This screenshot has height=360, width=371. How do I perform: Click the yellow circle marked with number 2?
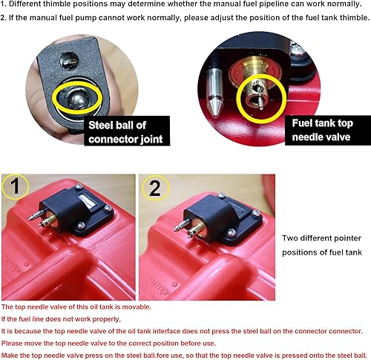pyautogui.click(x=155, y=189)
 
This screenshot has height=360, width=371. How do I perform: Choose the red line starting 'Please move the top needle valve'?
pyautogui.click(x=108, y=342)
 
